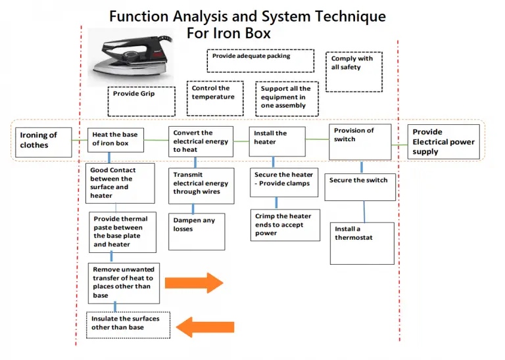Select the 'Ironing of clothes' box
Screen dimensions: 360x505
43,142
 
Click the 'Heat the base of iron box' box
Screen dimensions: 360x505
116,139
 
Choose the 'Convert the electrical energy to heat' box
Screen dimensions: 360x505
201,141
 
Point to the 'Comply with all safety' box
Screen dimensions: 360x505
356,72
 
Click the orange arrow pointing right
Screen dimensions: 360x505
194,283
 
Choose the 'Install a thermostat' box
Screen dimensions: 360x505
362,242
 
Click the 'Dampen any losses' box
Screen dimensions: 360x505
196,231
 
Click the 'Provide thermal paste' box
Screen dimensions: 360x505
123,232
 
